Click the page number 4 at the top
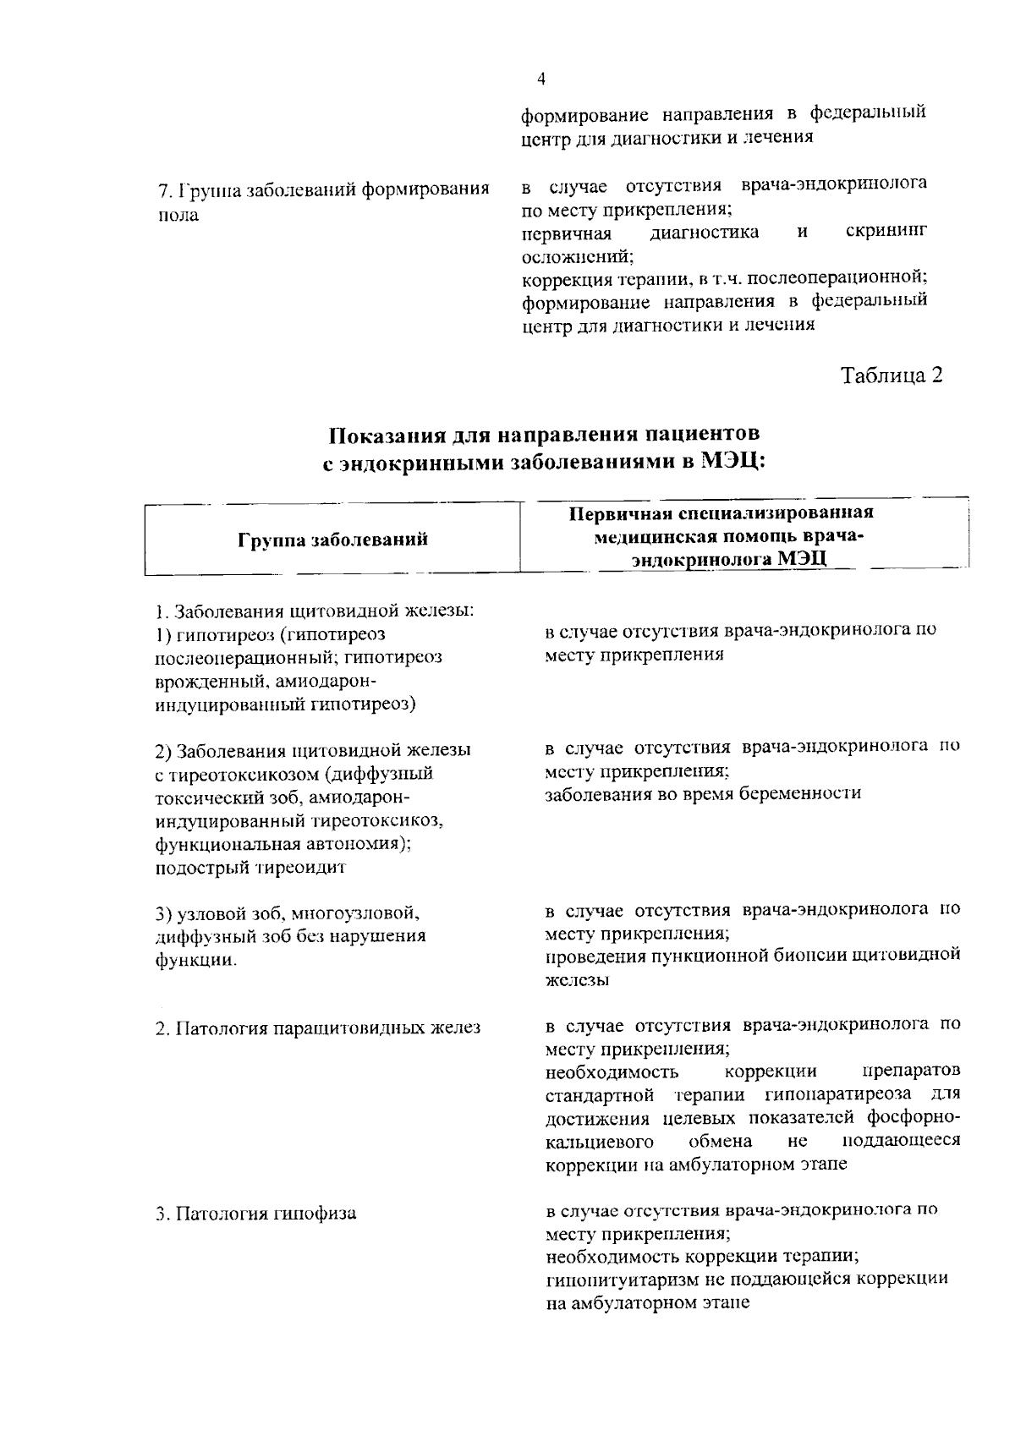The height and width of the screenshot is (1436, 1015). pyautogui.click(x=541, y=79)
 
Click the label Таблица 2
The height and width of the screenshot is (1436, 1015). pyautogui.click(x=891, y=375)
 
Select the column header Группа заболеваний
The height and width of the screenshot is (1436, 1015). pyautogui.click(x=333, y=540)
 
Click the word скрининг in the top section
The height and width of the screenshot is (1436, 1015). pyautogui.click(x=886, y=232)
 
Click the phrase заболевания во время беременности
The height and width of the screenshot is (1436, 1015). pyautogui.click(x=703, y=793)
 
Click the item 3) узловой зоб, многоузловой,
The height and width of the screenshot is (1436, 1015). pyautogui.click(x=288, y=913)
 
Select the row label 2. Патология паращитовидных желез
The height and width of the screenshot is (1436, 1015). pyautogui.click(x=318, y=1028)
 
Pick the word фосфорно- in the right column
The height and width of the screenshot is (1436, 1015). pyautogui.click(x=913, y=1118)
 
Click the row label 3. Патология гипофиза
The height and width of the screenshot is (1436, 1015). pyautogui.click(x=256, y=1214)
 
